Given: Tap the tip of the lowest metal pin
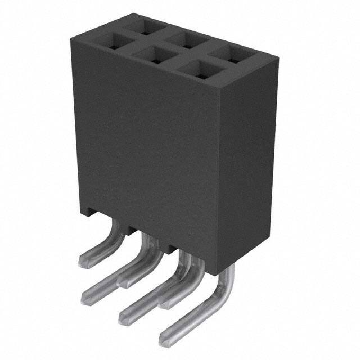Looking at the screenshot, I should tap(164, 339).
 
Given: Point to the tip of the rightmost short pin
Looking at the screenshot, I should tap(165, 303).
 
